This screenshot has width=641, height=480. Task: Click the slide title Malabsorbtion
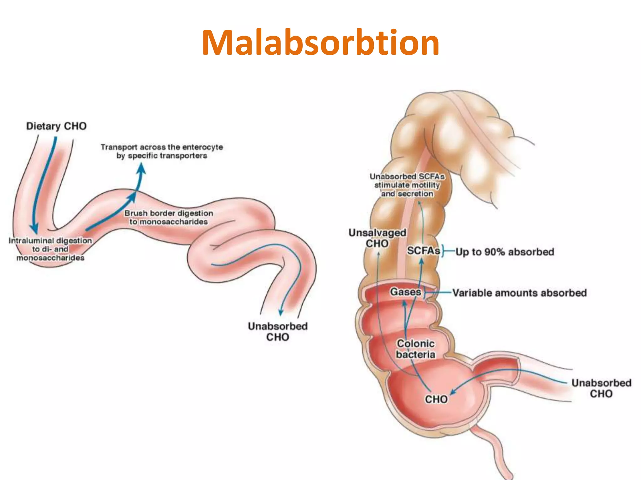pyautogui.click(x=320, y=42)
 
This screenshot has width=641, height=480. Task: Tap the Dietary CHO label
pyautogui.click(x=56, y=126)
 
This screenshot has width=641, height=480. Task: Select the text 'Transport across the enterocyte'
pyautogui.click(x=162, y=147)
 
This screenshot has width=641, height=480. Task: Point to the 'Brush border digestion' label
pyautogui.click(x=169, y=213)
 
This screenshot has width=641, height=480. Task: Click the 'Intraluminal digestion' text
pyautogui.click(x=50, y=241)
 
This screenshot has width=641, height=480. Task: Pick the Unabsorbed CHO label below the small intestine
pyautogui.click(x=278, y=332)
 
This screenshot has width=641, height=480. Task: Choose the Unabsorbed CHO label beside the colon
pyautogui.click(x=601, y=388)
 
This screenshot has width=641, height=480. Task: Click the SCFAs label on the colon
pyautogui.click(x=423, y=251)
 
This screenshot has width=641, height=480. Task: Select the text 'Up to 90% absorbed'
pyautogui.click(x=505, y=252)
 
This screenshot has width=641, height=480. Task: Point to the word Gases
pyautogui.click(x=405, y=292)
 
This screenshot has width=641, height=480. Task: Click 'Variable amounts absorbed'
pyautogui.click(x=520, y=293)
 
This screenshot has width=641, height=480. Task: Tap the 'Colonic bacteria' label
pyautogui.click(x=416, y=349)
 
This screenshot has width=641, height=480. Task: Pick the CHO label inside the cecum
pyautogui.click(x=436, y=399)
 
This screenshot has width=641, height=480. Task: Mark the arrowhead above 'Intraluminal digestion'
pyautogui.click(x=34, y=229)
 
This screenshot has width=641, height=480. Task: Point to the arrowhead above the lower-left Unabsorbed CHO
pyautogui.click(x=281, y=312)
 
